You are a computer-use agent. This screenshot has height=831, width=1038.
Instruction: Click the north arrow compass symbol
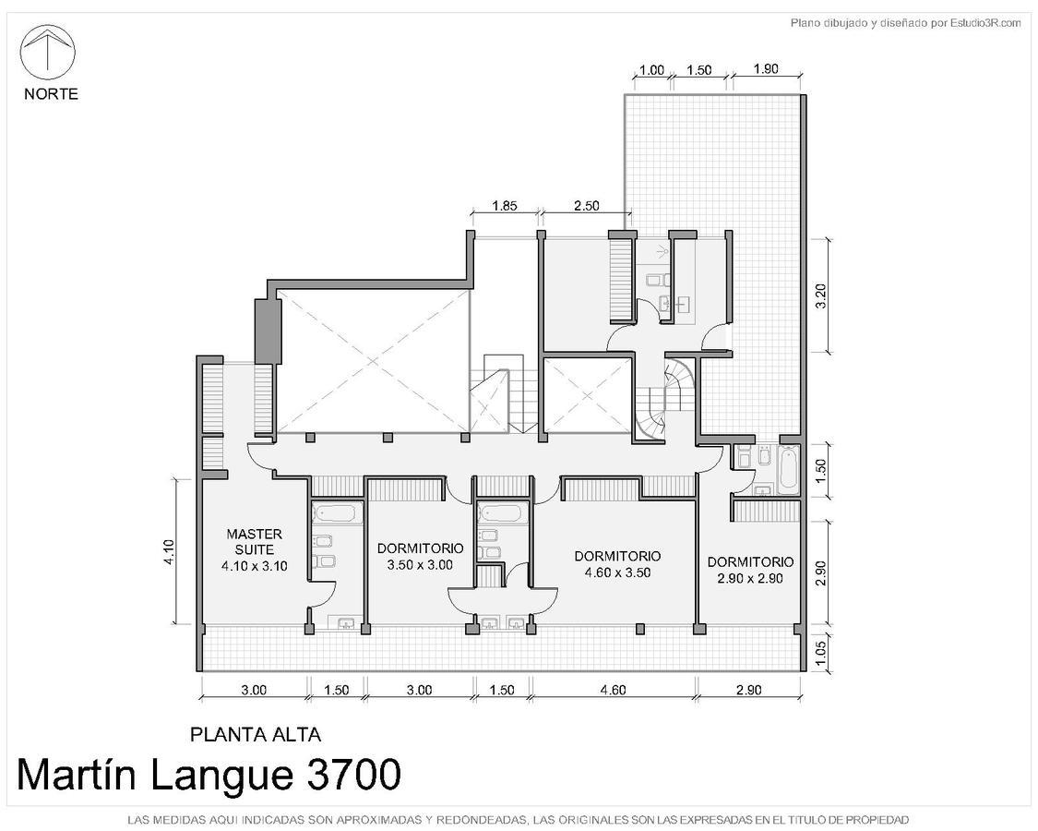click(48, 53)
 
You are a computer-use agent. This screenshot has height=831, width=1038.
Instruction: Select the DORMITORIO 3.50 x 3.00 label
click(421, 557)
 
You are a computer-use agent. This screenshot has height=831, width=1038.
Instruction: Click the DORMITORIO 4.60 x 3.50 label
click(617, 564)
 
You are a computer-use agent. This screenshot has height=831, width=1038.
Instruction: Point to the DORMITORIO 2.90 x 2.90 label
click(750, 570)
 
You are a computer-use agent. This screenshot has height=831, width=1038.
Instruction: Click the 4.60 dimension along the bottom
click(613, 690)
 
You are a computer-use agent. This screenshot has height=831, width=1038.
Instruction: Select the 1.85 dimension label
click(505, 205)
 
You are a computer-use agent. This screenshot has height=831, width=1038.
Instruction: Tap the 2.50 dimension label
click(587, 205)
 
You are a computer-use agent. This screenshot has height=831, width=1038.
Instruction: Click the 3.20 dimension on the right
click(821, 295)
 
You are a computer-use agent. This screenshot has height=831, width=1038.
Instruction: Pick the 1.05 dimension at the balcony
click(821, 652)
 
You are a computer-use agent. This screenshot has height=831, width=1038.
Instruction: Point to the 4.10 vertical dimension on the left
click(169, 552)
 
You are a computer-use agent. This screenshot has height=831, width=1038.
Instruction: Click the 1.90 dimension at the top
click(766, 69)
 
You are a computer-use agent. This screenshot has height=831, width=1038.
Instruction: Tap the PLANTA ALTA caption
click(256, 734)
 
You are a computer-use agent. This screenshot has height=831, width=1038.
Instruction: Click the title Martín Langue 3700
click(209, 775)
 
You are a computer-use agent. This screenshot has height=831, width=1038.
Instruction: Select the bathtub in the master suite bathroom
click(337, 512)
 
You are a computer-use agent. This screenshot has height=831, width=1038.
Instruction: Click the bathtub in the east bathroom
click(788, 471)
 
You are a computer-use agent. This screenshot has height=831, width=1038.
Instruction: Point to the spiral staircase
click(665, 398)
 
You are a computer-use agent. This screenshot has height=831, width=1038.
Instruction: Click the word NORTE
click(51, 94)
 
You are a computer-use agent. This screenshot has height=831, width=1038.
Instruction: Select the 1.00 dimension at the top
click(651, 70)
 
